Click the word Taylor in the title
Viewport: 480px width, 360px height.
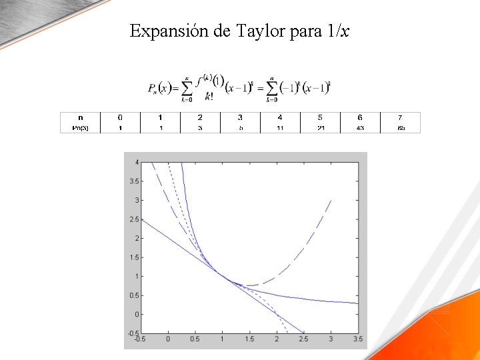point(260,31)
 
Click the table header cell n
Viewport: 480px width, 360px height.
point(80,117)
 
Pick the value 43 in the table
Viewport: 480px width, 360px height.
point(360,127)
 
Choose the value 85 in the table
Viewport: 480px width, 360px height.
point(401,127)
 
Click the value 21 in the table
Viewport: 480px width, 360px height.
point(320,127)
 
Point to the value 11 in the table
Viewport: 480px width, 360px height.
point(280,127)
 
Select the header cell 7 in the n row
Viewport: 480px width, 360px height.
point(401,117)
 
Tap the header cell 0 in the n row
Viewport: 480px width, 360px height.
point(121,117)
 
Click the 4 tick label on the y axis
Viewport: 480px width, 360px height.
point(137,162)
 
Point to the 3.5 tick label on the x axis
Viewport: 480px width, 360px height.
point(358,339)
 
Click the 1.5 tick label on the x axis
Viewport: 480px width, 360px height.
point(249,339)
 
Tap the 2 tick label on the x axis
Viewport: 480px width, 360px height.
point(277,339)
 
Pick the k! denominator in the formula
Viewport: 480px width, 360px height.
point(209,96)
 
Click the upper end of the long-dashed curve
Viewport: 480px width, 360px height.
point(330,201)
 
